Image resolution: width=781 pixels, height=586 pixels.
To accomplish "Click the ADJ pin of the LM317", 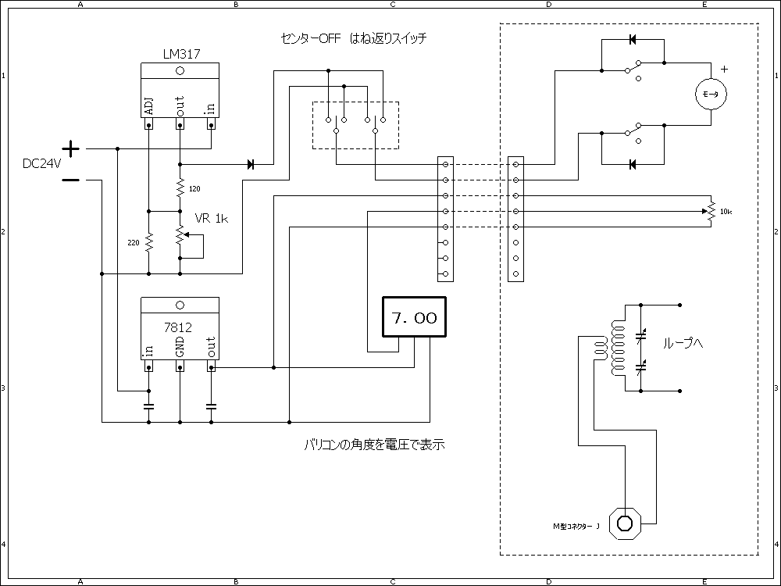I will pos(148,108).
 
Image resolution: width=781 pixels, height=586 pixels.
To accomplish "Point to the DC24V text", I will pos(41,164).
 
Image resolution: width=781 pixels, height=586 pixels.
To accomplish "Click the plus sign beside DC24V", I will pos(70,148).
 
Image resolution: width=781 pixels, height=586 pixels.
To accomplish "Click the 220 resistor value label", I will pos(134,243).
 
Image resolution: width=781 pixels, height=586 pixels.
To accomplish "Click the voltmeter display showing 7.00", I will pos(413,318).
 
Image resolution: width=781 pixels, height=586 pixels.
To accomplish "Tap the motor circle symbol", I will pos(711,94).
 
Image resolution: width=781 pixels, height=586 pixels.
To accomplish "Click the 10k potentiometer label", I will pos(726,213).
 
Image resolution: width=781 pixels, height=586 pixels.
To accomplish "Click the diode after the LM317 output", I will pos(251,164).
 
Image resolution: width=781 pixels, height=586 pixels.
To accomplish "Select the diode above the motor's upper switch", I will pos(633,39).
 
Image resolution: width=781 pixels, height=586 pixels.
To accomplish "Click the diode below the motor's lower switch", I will pos(633,164).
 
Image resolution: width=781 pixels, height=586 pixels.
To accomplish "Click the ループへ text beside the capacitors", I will pos(683,343).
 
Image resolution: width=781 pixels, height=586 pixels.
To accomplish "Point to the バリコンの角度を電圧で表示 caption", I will pos(374,445).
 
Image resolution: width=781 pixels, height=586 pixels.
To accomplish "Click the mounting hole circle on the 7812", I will pos(180,305).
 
